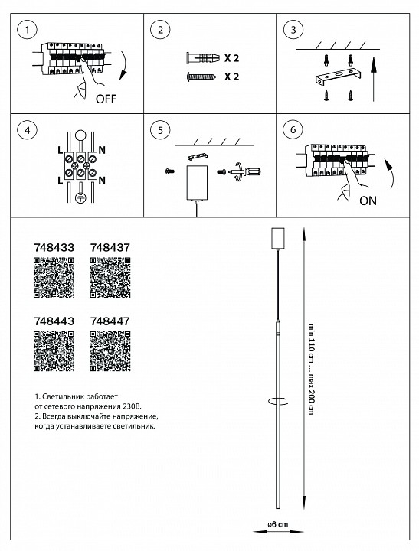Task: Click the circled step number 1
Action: (x=28, y=31)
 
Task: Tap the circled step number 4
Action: (x=28, y=130)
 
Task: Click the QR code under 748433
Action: (x=54, y=277)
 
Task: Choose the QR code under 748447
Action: (x=110, y=352)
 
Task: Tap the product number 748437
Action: (x=110, y=248)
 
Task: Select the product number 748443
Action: (x=54, y=322)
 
